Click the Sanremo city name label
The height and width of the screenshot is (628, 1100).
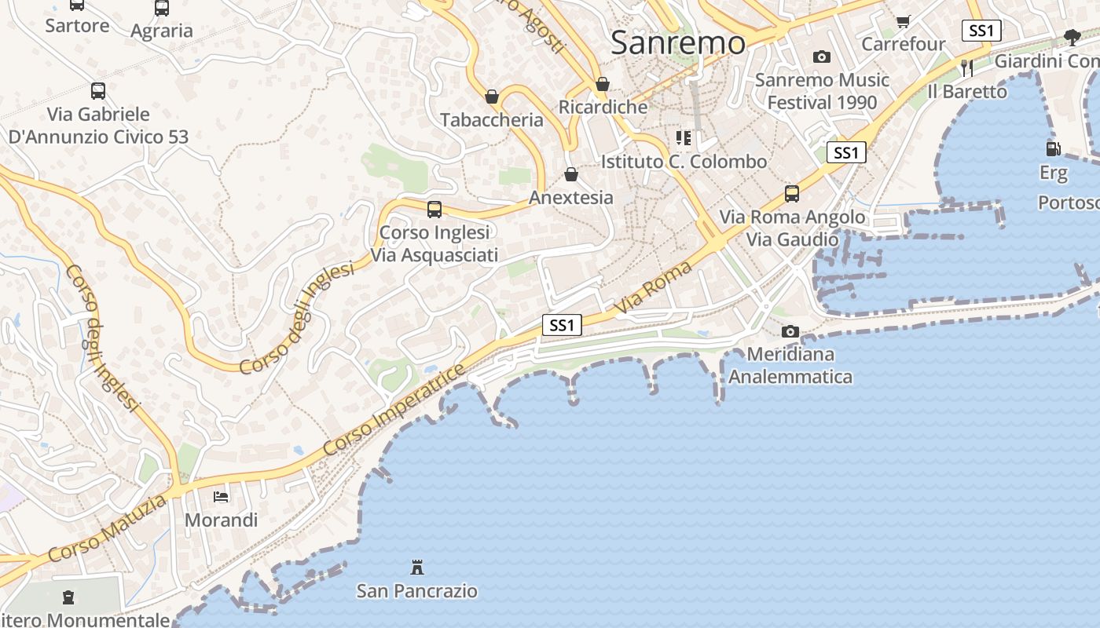point(677,42)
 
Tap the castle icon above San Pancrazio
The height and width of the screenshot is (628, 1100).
point(417,567)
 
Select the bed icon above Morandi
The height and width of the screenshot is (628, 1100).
point(221,497)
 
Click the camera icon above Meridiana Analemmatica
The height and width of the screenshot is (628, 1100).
point(790,331)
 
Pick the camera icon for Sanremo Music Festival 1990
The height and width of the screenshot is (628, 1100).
point(822,57)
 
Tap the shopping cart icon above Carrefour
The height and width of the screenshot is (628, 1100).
point(903,21)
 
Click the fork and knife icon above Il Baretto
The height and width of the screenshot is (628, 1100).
point(967,68)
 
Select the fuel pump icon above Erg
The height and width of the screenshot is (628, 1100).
point(1053,148)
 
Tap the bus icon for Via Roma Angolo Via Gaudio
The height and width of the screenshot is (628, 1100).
point(792,193)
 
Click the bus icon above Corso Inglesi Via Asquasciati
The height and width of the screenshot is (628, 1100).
point(434,210)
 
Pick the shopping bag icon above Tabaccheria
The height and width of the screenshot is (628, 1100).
point(492,97)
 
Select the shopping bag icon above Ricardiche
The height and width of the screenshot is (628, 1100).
point(603,84)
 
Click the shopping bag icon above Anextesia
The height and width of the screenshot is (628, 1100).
point(571,174)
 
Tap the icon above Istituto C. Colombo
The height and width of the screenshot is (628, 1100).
point(684,138)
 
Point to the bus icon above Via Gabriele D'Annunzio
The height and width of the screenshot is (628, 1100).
point(98,91)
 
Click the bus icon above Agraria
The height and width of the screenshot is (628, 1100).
point(162,8)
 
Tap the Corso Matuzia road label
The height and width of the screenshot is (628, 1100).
point(108,528)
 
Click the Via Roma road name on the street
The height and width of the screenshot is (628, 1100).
point(654,288)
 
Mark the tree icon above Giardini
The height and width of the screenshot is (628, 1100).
point(1072,37)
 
